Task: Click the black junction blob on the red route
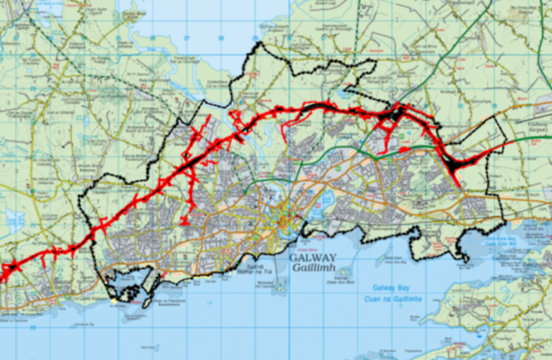pyautogui.click(x=394, y=114)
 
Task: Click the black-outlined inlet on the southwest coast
pyautogui.click(x=126, y=286)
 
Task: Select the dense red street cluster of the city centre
pyautogui.click(x=286, y=216)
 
